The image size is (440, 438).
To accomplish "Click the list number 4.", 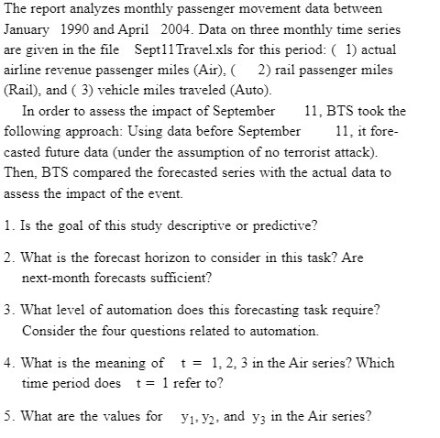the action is (8, 363).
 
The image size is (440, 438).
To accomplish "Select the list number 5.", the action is (8, 416).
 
